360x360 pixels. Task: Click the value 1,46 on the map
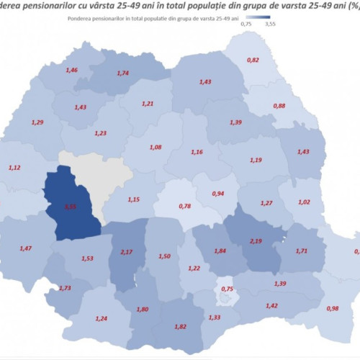72,71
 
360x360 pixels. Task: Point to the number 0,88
279,106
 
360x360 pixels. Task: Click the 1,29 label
38,123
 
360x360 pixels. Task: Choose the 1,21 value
147,104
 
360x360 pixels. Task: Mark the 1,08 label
155,147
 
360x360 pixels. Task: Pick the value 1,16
197,152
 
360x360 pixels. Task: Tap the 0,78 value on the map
184,207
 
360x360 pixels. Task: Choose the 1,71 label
302,251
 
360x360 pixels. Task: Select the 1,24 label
101,318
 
